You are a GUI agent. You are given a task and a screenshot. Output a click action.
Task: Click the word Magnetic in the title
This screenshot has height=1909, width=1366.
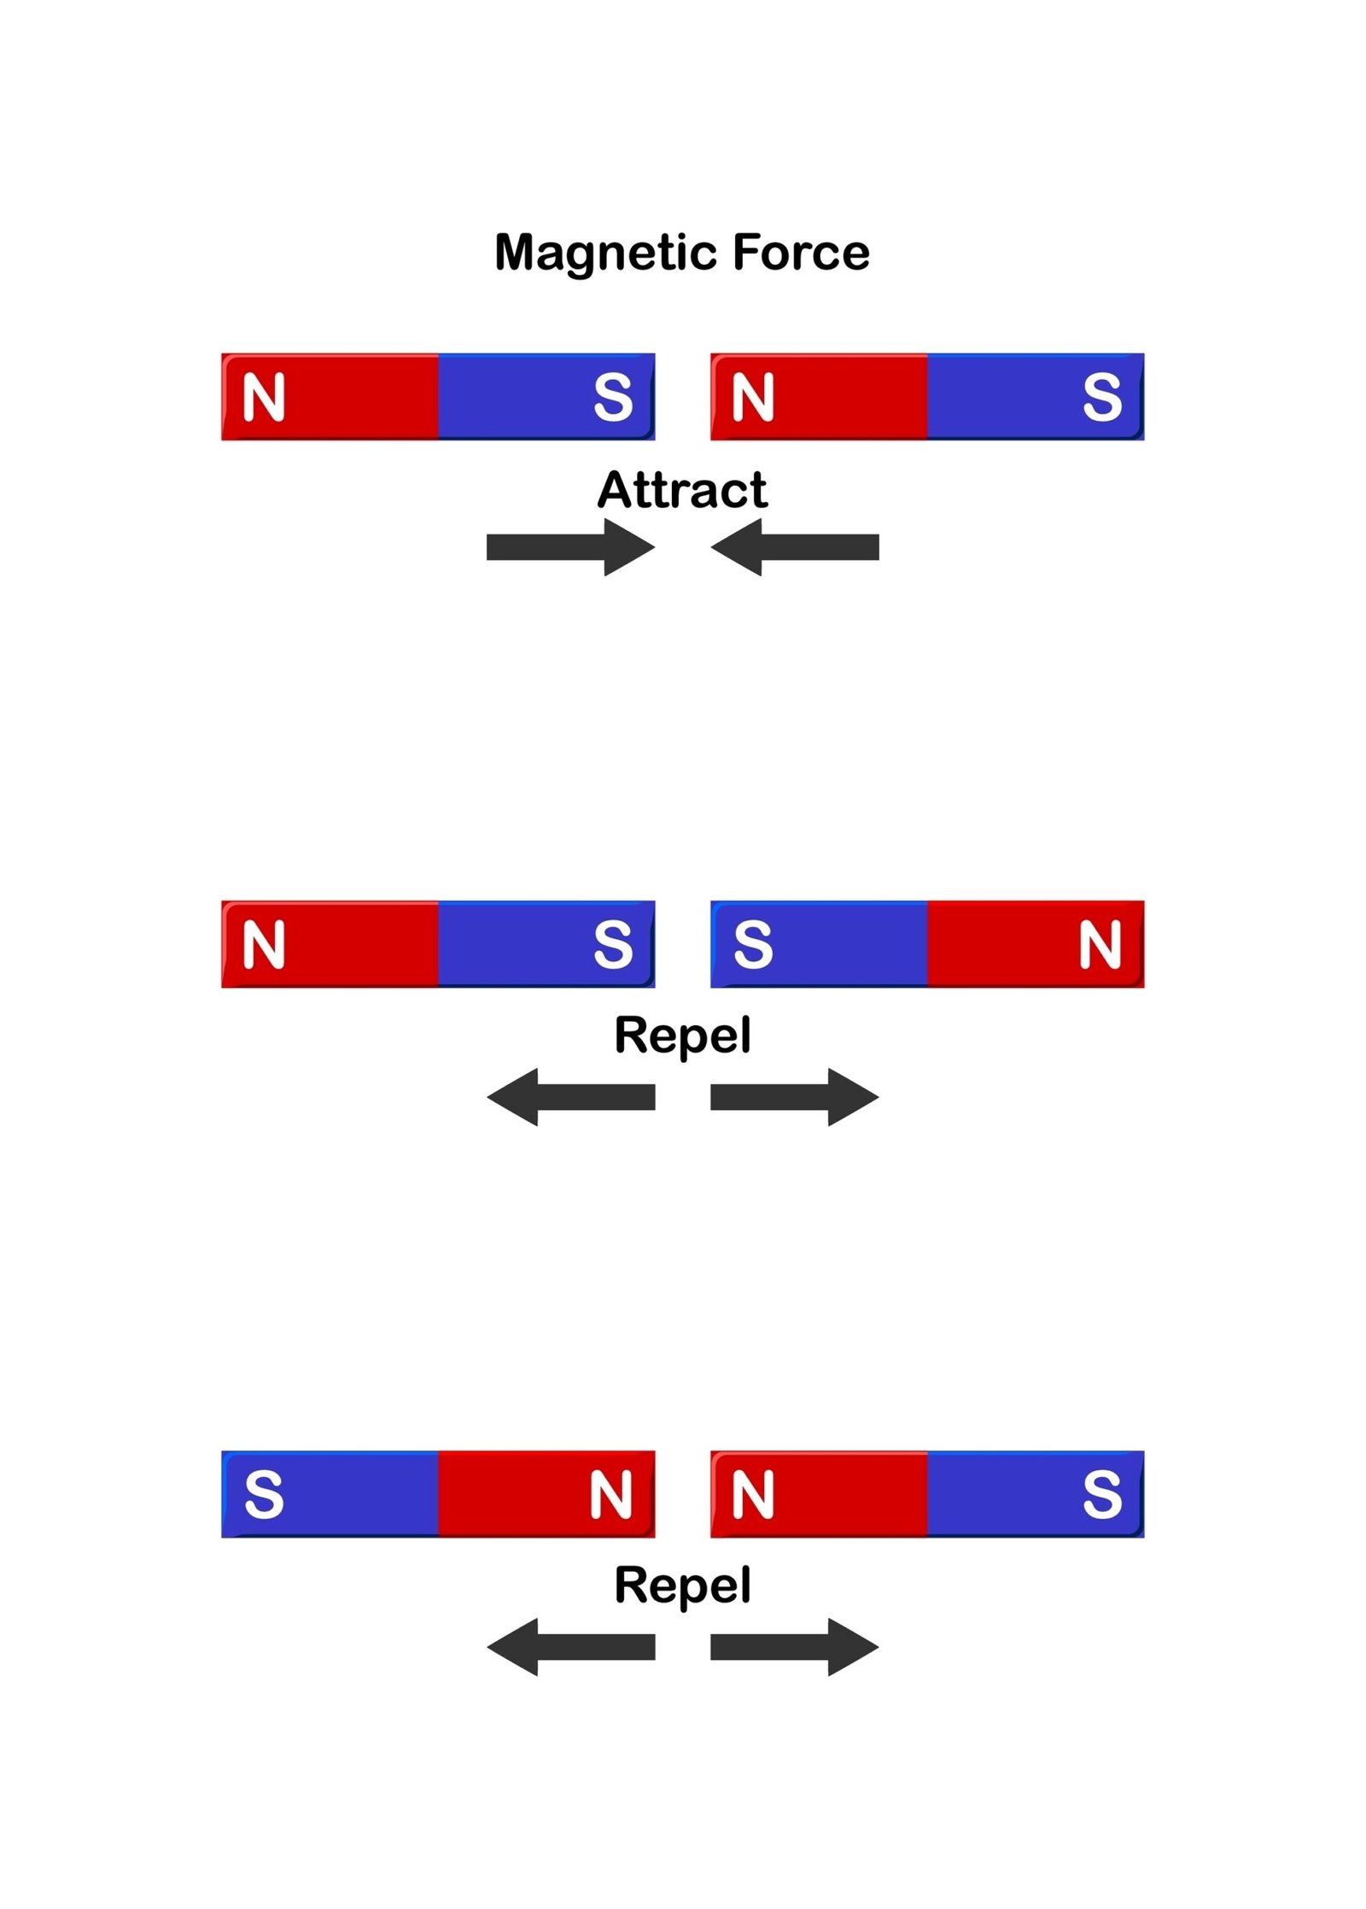click(607, 253)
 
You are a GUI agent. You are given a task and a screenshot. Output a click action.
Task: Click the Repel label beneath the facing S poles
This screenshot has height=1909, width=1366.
click(682, 1036)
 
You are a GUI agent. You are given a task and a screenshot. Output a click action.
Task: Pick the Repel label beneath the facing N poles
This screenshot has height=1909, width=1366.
click(682, 1585)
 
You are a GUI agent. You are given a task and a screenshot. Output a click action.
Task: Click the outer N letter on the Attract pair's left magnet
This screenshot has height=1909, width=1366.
click(263, 398)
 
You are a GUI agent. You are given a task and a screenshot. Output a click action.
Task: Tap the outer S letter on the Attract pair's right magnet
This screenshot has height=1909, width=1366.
click(1101, 398)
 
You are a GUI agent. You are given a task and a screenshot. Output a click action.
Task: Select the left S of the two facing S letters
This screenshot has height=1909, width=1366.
click(612, 945)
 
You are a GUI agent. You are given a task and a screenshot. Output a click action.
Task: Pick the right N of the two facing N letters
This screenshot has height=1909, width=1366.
click(752, 1495)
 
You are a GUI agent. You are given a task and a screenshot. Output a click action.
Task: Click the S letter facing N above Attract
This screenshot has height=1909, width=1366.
click(612, 398)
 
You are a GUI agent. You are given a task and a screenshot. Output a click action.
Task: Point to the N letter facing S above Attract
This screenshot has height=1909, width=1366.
click(752, 398)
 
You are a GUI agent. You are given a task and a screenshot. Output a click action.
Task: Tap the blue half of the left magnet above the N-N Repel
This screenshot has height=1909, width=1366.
click(341, 1495)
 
